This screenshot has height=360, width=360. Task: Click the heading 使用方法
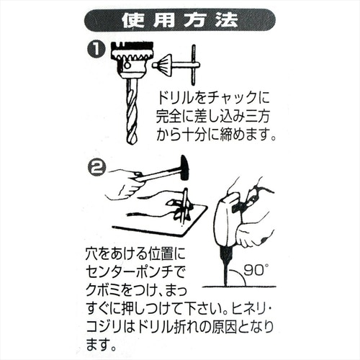coord(179,19)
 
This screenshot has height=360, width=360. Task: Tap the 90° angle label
coord(256,271)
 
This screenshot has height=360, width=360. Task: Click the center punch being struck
coord(184,205)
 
